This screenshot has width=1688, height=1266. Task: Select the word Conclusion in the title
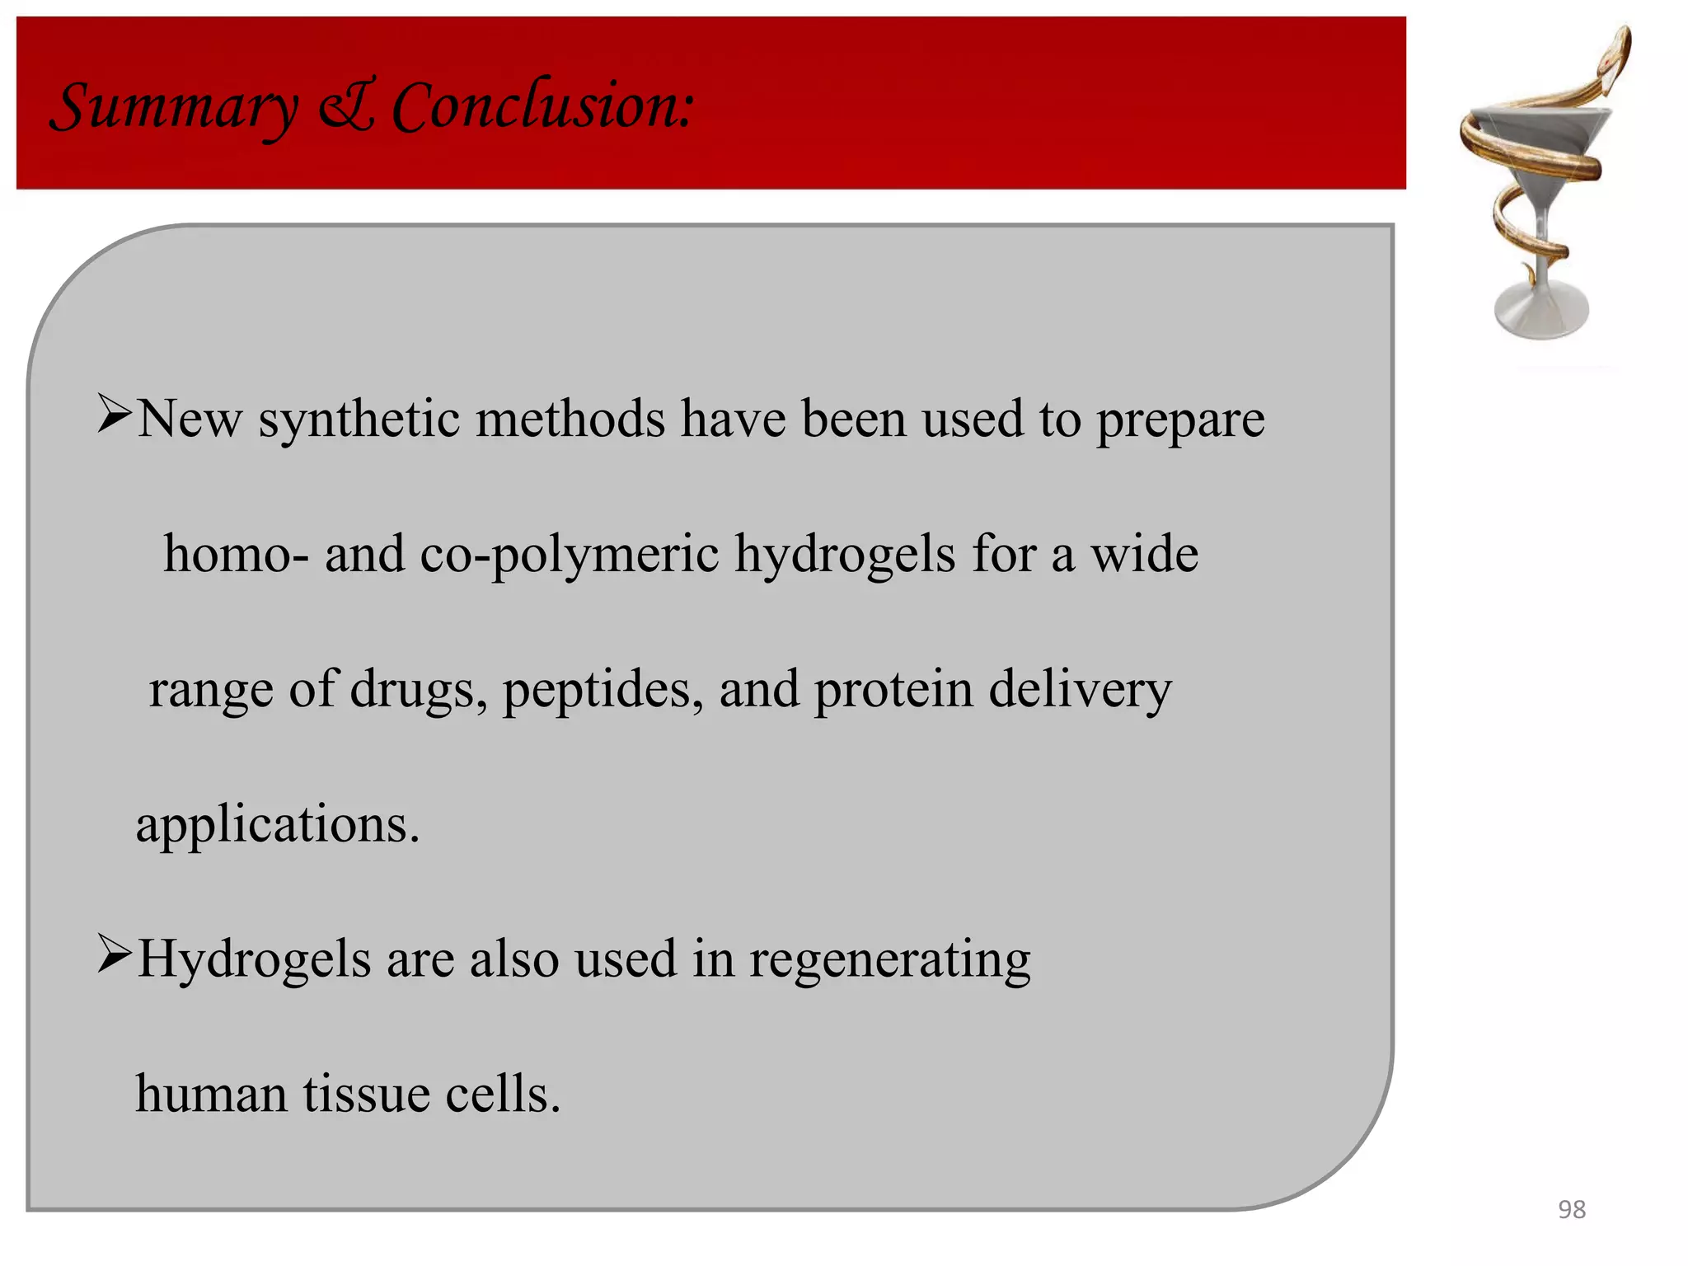[542, 107]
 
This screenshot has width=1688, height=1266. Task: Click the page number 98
[1571, 1209]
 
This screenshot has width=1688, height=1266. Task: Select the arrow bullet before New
[114, 414]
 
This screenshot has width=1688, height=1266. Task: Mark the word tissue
[366, 1095]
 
